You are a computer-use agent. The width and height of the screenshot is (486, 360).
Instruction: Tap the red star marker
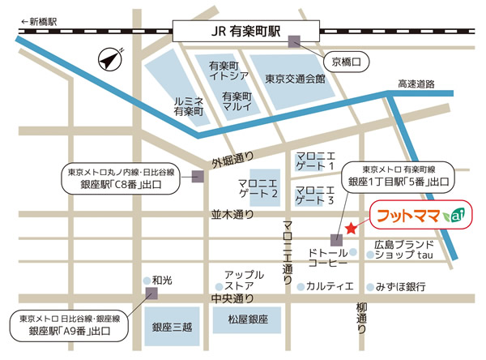pyautogui.click(x=350, y=228)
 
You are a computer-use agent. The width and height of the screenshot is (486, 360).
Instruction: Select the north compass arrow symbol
pyautogui.click(x=107, y=58)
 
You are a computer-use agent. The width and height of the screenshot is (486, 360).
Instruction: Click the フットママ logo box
pyautogui.click(x=418, y=216)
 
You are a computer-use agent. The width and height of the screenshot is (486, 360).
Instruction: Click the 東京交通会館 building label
pyautogui.click(x=295, y=79)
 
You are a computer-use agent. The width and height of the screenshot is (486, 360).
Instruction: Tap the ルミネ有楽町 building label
pyautogui.click(x=188, y=106)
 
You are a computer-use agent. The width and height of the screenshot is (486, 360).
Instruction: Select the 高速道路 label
pyautogui.click(x=416, y=84)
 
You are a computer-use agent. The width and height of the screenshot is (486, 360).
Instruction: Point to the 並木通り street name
pyautogui.click(x=232, y=215)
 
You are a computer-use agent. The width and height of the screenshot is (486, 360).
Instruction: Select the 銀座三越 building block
pyautogui.click(x=172, y=328)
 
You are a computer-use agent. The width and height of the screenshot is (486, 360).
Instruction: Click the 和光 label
pyautogui.click(x=162, y=279)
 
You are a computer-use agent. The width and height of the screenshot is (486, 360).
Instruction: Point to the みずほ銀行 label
pyautogui.click(x=402, y=286)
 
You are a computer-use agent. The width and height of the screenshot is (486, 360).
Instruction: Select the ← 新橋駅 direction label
pyautogui.click(x=40, y=22)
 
